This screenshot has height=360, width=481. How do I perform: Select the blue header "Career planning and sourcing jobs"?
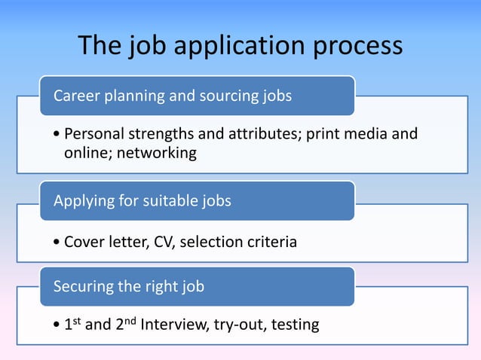173,96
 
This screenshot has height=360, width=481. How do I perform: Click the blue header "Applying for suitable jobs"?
142,201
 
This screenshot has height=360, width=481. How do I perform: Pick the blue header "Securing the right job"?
129,287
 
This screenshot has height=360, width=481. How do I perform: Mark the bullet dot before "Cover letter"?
58,243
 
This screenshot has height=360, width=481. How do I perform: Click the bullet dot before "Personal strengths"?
58,136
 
